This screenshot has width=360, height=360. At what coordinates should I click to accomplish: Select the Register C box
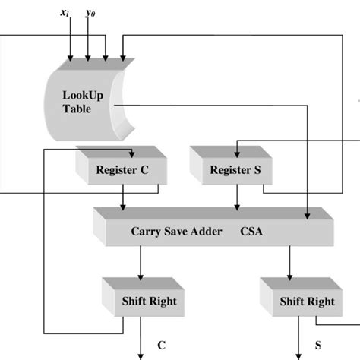tap(122, 170)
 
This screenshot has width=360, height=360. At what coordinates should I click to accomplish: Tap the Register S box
tap(232, 170)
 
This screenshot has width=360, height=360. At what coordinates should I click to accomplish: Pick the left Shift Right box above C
tap(148, 301)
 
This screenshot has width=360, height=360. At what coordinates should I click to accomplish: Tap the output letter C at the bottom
tap(161, 346)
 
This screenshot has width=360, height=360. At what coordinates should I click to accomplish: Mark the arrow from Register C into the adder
tap(125, 199)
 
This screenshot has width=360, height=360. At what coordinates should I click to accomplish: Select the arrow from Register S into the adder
tap(238, 199)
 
